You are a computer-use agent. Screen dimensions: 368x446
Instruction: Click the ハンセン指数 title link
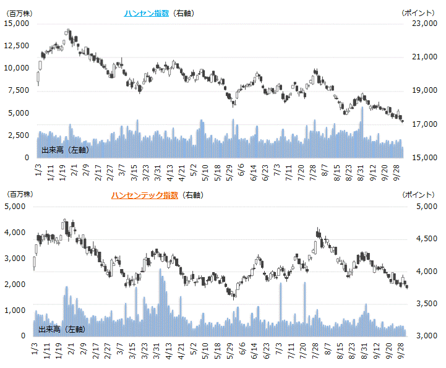click(146, 13)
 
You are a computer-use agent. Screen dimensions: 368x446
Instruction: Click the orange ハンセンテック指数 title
click(145, 195)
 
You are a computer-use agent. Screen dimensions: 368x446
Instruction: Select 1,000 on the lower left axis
click(18, 310)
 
